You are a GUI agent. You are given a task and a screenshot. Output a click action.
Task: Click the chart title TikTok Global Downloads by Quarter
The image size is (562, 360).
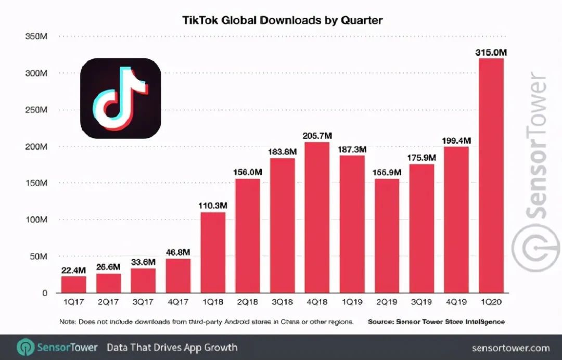(283, 20)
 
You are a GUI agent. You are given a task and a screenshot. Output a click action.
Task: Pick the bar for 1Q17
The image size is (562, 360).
(74, 284)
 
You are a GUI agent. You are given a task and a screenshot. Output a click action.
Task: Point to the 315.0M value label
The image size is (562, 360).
(491, 52)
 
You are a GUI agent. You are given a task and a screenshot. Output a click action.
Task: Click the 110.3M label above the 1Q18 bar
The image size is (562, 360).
(213, 205)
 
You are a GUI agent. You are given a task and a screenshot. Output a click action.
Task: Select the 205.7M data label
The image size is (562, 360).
(317, 135)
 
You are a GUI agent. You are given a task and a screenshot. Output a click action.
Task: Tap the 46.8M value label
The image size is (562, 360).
(178, 252)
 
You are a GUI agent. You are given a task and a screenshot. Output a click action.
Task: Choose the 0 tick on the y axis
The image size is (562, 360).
(45, 293)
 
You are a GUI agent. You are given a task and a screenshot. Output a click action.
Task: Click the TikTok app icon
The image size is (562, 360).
(120, 98)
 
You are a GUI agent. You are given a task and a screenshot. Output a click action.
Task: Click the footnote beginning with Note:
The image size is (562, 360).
(207, 322)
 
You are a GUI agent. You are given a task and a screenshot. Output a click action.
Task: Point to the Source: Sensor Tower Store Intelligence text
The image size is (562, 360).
(436, 322)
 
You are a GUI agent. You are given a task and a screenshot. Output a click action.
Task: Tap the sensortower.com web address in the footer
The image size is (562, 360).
(510, 348)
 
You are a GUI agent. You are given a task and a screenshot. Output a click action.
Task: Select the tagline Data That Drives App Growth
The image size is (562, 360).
(172, 348)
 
